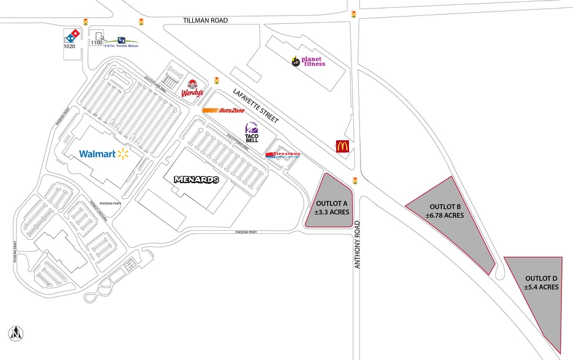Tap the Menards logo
196,180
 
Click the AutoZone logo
223,111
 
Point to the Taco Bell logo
252,133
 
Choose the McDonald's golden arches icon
342,146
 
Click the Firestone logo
282,156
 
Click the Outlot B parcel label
445,211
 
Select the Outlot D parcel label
541,282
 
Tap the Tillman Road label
205,20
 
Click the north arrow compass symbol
15,334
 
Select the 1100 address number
97,42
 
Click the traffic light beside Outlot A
354,181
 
